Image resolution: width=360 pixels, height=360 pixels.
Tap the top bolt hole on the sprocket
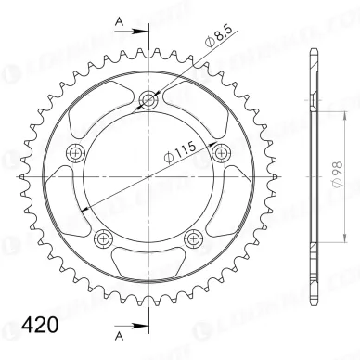(148, 100)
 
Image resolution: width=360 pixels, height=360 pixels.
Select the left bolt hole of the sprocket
(75, 153)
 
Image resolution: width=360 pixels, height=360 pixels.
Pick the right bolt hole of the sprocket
(222, 154)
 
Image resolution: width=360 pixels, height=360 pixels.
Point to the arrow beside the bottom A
(135, 325)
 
